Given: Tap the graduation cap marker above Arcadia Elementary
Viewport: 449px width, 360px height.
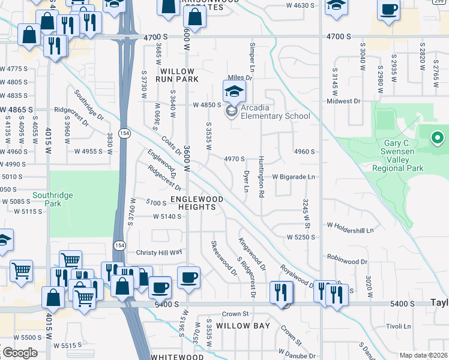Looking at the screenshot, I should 234,91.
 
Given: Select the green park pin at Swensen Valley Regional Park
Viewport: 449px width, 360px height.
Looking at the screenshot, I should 438,139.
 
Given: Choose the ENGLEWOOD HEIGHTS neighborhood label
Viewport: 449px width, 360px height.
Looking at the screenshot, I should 196,203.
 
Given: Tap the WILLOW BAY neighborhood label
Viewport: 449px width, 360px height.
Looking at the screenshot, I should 243,326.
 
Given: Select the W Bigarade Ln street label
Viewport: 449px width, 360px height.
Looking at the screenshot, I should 294,177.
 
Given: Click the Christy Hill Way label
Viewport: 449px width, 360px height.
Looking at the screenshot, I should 158,253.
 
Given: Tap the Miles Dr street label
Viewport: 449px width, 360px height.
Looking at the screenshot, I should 238,77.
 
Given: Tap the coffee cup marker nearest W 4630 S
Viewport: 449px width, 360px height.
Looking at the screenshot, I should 389,9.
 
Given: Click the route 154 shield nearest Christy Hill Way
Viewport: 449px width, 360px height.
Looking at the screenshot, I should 119,245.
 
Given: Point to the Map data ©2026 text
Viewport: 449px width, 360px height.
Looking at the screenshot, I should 423,355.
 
